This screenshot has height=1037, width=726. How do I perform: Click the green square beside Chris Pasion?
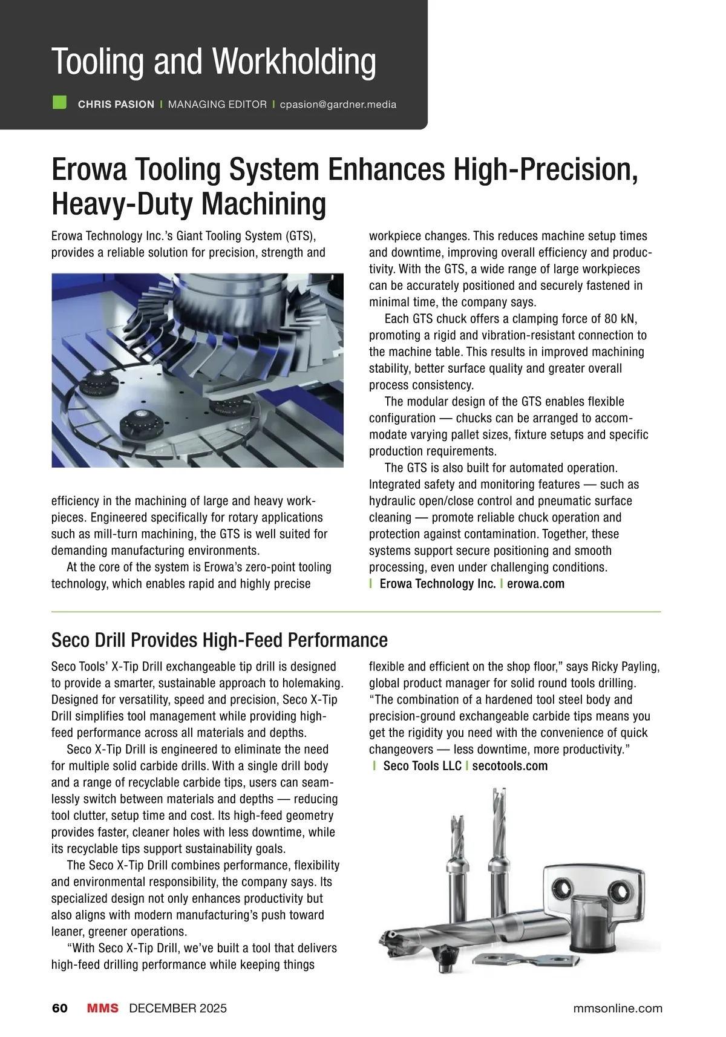coord(59,102)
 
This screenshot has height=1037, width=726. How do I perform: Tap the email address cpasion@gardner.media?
coord(338,105)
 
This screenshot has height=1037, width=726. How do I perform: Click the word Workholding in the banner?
coord(294,62)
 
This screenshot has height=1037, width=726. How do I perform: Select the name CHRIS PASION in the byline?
coord(116,105)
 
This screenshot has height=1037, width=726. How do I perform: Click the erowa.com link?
coord(535,584)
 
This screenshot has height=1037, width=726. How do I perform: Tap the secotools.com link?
coord(509,766)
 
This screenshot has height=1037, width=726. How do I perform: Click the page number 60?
coord(60,1008)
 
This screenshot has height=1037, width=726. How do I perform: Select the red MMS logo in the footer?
coord(102,1008)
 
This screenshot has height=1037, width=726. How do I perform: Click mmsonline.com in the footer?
coord(617,1009)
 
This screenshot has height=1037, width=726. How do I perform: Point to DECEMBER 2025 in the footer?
coord(178,1009)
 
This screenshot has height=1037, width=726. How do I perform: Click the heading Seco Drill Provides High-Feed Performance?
coord(219,640)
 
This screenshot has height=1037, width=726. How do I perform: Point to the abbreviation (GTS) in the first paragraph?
coord(300,236)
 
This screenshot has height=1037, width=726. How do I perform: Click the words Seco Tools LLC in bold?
coord(422,766)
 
